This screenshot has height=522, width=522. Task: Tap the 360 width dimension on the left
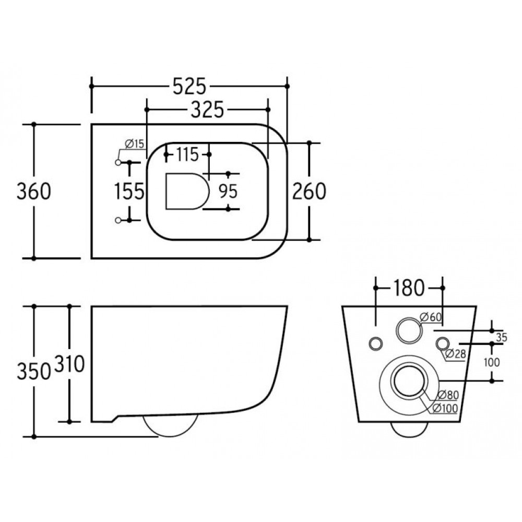pos(34,191)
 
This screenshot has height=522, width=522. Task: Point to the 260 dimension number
pos(309,191)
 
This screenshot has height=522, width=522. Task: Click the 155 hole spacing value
pos(129,192)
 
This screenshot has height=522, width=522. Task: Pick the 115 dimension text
pos(187,155)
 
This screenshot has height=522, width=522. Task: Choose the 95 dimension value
pos(228,192)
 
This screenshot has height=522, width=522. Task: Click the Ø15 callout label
pos(134,145)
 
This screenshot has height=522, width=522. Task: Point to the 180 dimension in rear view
pos(409,288)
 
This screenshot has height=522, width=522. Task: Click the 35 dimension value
pos(501,337)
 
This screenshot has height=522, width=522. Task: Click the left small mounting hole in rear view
pos(375,343)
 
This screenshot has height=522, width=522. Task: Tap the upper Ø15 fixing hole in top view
pos(118,163)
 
